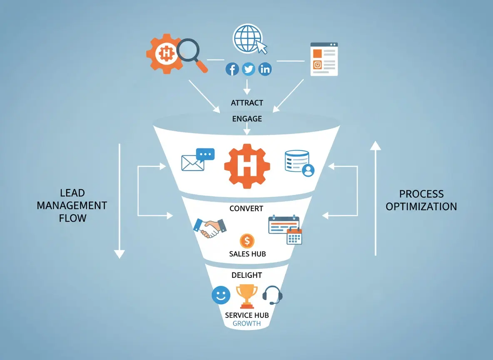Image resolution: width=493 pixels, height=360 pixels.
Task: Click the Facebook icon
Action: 232,69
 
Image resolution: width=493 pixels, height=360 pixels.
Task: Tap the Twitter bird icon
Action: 249,69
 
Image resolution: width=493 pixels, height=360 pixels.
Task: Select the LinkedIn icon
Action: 265,69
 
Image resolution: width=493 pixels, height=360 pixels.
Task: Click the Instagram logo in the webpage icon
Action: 318,65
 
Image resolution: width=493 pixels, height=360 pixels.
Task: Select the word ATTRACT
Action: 247,102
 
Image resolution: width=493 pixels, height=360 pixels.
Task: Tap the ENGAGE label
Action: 247,119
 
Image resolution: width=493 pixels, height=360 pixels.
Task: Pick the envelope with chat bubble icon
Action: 197,160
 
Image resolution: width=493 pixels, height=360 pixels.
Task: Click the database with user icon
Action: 299,163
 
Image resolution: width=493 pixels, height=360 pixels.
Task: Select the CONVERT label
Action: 246,208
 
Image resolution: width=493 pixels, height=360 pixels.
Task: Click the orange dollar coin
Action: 247,240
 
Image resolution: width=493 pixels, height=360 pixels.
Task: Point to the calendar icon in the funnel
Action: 285,229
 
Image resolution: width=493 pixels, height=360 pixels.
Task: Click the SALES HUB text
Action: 247,254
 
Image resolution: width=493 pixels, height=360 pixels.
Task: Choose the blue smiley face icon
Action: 221,295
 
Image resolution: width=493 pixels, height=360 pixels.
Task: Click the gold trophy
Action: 246,295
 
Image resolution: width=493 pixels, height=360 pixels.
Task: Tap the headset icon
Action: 273,295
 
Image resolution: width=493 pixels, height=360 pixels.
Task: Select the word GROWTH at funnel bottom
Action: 246,324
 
